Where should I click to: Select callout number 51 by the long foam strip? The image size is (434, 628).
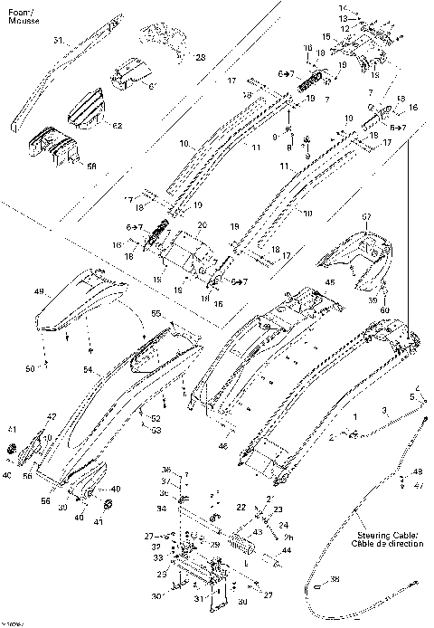pyautogui.click(x=58, y=42)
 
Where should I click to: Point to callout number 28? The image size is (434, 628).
pyautogui.click(x=200, y=57)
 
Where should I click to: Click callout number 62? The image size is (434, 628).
pyautogui.click(x=118, y=125)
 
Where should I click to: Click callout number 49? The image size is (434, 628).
pyautogui.click(x=39, y=291)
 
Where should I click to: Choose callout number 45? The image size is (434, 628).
pyautogui.click(x=329, y=282)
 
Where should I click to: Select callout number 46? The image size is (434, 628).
pyautogui.click(x=222, y=446)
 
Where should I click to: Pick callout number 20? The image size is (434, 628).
pyautogui.click(x=202, y=224)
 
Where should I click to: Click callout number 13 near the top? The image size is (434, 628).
pyautogui.click(x=344, y=18)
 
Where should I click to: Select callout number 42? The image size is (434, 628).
pyautogui.click(x=51, y=416)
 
